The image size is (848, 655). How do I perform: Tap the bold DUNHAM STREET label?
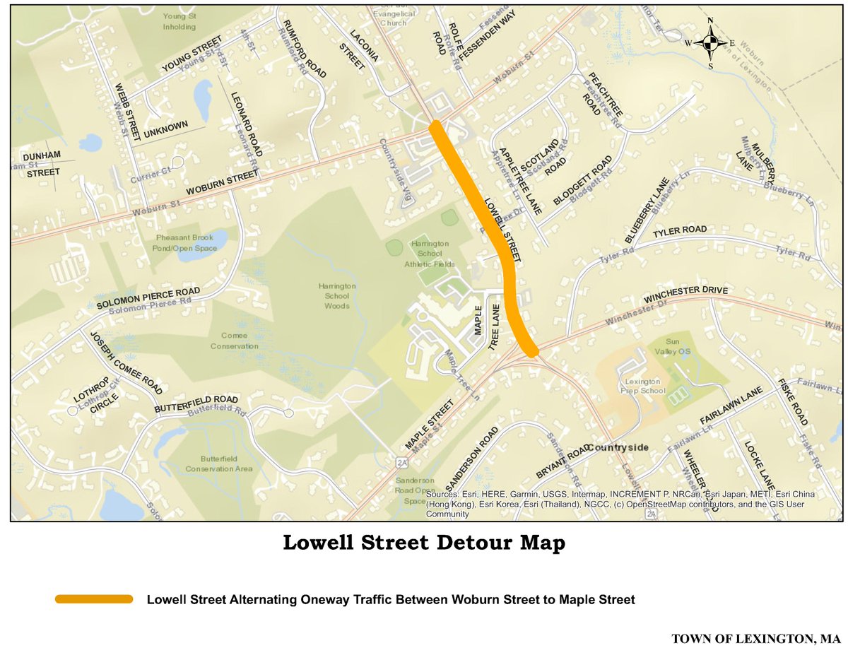coord(42,163)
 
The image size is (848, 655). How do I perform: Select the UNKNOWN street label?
coord(166,129)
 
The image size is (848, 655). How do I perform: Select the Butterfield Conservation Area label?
coord(219,464)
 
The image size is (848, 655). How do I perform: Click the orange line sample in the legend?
coord(94,599)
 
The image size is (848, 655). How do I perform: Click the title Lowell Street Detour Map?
coord(424,543)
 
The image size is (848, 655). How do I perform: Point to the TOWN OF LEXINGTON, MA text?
coord(755,639)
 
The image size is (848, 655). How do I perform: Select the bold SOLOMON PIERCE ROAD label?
coord(148,299)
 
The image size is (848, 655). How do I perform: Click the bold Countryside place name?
coord(617,448)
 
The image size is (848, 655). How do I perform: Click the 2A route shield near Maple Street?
coord(402,463)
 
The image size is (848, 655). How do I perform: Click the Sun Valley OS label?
coord(673,345)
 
